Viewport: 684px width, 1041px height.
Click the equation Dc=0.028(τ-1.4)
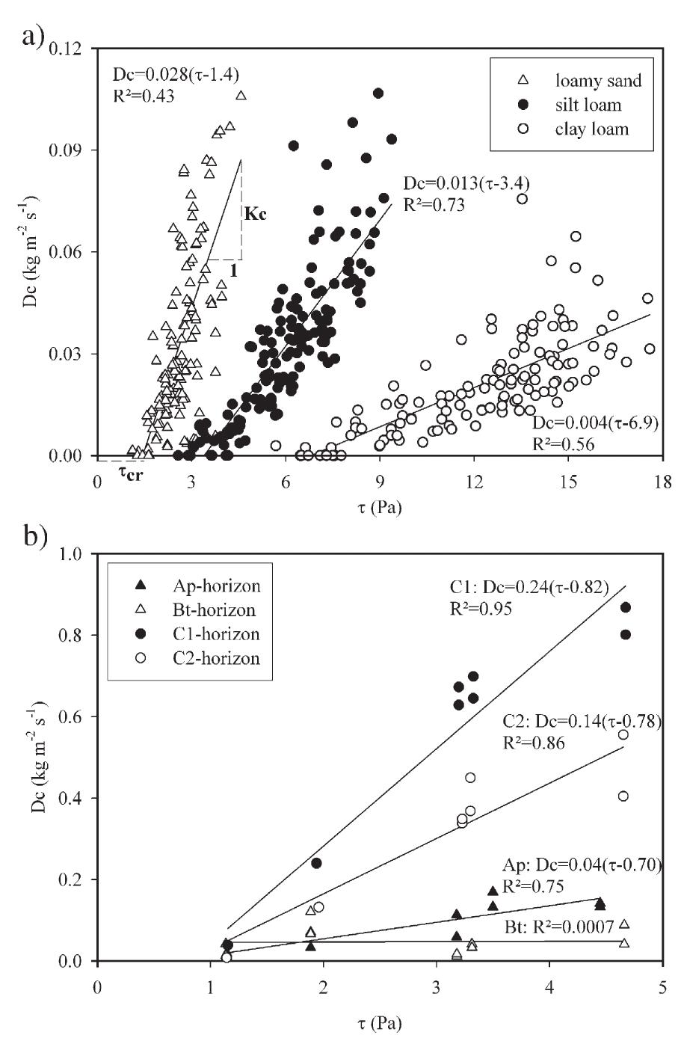coord(176,75)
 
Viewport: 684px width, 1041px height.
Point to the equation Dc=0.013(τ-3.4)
coord(467,183)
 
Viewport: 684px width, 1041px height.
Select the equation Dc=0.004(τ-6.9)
coord(594,423)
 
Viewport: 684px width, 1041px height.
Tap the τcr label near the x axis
coord(132,472)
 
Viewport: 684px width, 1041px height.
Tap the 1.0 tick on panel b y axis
coord(78,554)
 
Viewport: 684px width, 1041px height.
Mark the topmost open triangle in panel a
coord(241,96)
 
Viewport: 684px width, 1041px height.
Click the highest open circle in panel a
coord(522,199)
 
